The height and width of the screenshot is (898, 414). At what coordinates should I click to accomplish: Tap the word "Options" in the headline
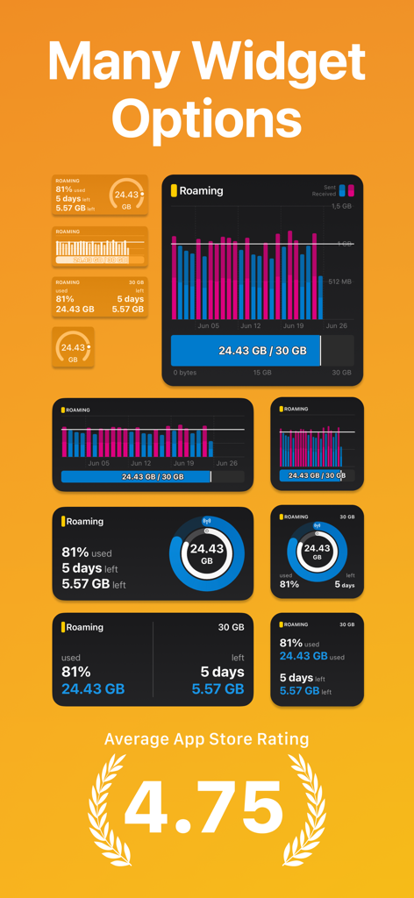pos(207,118)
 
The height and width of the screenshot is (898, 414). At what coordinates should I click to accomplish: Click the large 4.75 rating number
pos(206,808)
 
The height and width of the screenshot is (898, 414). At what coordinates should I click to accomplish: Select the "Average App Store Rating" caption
pos(207,739)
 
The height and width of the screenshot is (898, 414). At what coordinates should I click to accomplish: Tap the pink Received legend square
pos(352,190)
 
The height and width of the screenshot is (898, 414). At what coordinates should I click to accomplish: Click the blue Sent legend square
pos(342,190)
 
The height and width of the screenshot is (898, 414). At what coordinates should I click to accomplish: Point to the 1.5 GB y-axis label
pos(341,207)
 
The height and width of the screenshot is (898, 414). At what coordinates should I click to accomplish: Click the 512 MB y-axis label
pos(340,282)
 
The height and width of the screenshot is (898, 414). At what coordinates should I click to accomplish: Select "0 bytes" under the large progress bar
pos(184,373)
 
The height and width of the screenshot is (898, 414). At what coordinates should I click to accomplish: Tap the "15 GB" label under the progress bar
pos(262,373)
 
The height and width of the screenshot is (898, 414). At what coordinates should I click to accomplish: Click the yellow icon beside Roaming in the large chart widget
pos(175,190)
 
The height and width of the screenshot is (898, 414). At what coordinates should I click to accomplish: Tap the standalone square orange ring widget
pos(73,347)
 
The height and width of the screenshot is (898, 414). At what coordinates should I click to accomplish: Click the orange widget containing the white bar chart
pos(99,247)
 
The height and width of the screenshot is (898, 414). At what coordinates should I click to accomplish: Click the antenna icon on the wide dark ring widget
pos(206,520)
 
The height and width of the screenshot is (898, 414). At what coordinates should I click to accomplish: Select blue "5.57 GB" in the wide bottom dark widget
pos(218,689)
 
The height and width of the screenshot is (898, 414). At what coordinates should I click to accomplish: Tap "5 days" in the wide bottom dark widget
pos(222,672)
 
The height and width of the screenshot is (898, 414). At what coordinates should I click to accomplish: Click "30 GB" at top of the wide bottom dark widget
pos(231,628)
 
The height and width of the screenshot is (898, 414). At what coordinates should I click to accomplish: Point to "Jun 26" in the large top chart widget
pos(336,325)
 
